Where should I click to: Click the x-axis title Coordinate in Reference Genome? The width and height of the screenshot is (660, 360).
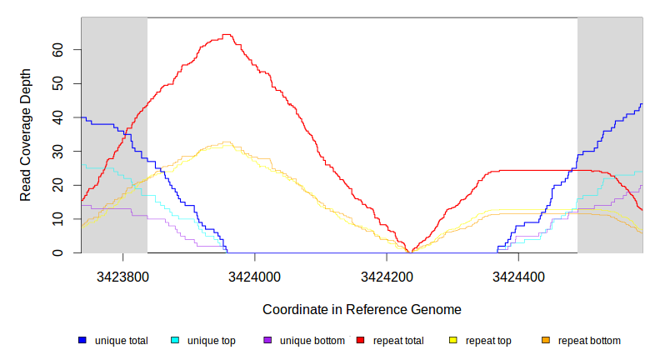(362, 309)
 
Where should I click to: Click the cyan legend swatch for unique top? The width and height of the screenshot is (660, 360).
(175, 341)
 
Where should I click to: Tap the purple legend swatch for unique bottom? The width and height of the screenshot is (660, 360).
(267, 341)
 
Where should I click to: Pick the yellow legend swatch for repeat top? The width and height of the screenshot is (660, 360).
(453, 341)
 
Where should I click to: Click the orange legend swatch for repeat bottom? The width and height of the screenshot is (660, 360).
(546, 341)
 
